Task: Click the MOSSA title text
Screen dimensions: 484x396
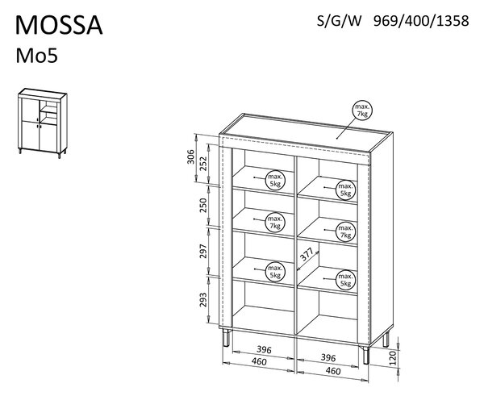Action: point(59,25)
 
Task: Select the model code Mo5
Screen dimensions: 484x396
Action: point(37,56)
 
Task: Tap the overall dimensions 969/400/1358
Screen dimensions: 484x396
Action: point(421,21)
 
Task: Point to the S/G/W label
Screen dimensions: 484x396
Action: point(339,21)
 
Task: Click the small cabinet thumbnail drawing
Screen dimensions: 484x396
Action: point(43,123)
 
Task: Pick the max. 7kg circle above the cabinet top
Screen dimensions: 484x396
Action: point(362,110)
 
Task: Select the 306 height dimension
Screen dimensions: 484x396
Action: point(191,156)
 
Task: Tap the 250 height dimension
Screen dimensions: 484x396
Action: point(203,205)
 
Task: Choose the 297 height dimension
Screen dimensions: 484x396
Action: point(203,251)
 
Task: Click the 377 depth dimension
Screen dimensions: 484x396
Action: point(307,255)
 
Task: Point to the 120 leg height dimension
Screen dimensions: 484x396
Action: point(393,358)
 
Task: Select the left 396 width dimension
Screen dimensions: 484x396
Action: point(265,350)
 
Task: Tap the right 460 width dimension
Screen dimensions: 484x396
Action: point(333,371)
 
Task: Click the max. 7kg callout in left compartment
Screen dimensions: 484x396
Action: point(275,223)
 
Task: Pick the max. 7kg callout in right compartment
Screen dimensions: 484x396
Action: point(346,231)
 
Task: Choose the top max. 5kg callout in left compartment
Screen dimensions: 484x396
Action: point(275,180)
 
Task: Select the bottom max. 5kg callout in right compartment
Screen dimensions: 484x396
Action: point(346,280)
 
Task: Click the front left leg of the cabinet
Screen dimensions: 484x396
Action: point(227,337)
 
